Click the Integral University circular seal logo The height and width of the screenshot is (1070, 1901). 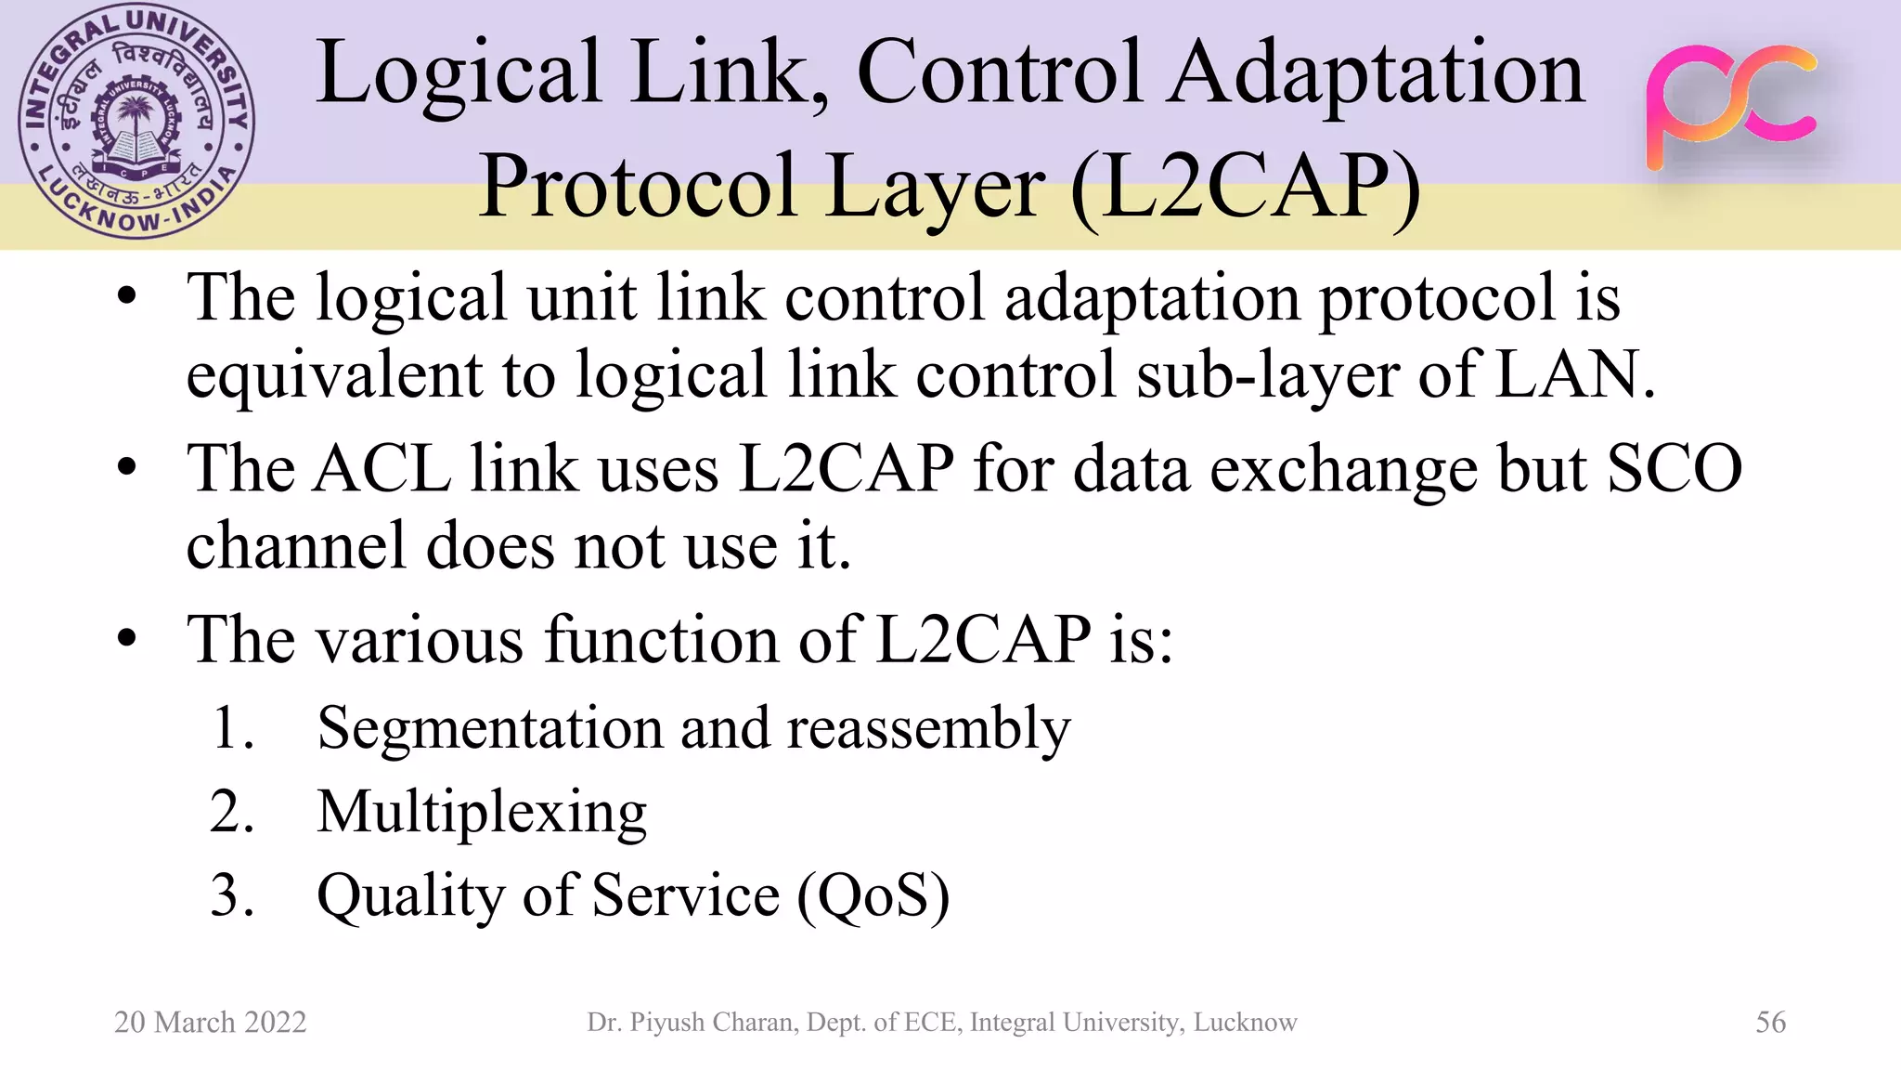click(x=136, y=123)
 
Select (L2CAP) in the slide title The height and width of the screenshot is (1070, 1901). click(x=1246, y=186)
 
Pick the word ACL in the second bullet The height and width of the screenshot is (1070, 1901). click(x=382, y=468)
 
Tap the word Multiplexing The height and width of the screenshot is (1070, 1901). click(x=482, y=814)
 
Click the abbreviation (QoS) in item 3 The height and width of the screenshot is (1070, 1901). click(x=873, y=897)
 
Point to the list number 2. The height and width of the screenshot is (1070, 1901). click(x=231, y=812)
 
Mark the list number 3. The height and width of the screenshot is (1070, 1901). click(x=231, y=895)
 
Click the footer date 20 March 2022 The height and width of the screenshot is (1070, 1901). click(x=210, y=1022)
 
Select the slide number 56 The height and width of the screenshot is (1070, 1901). click(x=1770, y=1022)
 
